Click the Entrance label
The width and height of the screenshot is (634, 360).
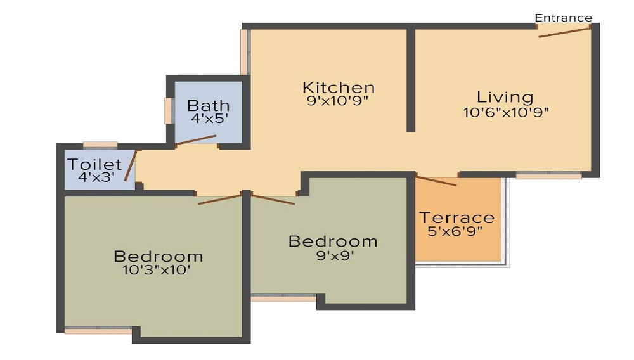pos(563,18)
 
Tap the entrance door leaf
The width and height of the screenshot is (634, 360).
pos(565,32)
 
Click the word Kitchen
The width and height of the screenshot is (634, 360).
pos(339,87)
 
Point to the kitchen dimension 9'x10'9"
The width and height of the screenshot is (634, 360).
pos(338,101)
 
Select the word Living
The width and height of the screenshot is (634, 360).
pos(505,97)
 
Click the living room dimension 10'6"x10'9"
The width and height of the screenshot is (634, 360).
pos(506,112)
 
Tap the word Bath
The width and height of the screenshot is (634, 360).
pos(208,105)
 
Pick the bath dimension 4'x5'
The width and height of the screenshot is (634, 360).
pos(209,119)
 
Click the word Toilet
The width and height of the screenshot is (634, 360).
pos(94,164)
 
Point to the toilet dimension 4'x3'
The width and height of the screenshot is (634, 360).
pos(96,177)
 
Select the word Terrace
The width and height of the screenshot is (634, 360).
pos(457,218)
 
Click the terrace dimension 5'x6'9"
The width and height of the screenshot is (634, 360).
pos(455,231)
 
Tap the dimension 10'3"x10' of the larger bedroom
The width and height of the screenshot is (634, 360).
pos(157,269)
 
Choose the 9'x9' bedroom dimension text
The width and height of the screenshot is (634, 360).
pos(335,255)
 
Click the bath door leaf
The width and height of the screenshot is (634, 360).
pos(196,139)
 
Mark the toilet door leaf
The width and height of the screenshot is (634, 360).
pos(131,165)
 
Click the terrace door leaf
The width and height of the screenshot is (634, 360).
pos(436,181)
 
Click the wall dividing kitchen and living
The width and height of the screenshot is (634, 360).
pos(411,80)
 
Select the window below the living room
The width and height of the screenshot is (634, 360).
pos(548,176)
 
